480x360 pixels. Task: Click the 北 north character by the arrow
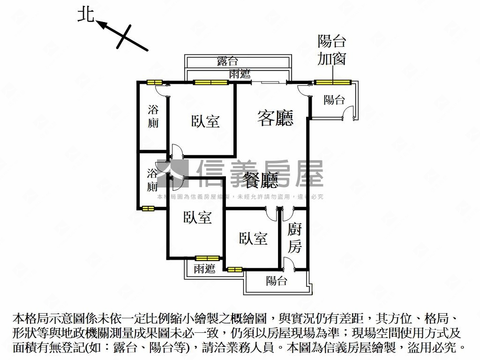86,15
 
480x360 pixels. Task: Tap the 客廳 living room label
275,118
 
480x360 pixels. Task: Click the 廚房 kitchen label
295,238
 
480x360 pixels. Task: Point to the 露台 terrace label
227,61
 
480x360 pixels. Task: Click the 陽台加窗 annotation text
332,50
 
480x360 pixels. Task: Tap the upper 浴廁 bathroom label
153,117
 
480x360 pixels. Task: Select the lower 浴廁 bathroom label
152,180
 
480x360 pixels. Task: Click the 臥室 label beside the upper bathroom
205,121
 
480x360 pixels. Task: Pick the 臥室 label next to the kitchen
253,239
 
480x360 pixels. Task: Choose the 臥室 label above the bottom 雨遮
197,217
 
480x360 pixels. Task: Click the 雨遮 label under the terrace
240,74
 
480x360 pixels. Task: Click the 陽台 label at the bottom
277,281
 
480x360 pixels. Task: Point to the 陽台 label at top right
334,99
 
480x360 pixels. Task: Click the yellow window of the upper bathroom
154,82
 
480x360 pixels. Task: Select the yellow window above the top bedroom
211,82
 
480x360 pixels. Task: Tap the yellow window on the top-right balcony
332,82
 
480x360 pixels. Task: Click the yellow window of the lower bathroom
148,209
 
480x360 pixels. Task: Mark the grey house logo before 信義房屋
173,174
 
